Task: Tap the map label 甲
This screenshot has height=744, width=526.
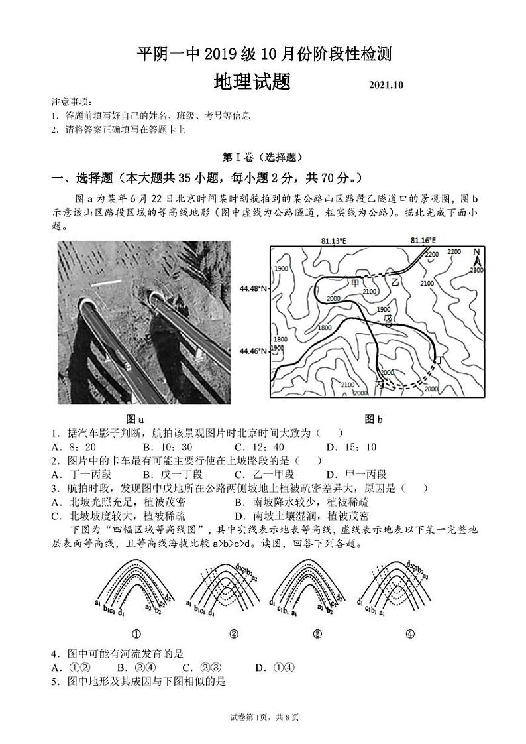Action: click(355, 283)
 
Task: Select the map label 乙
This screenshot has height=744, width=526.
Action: click(395, 282)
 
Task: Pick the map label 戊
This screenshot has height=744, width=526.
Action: click(388, 319)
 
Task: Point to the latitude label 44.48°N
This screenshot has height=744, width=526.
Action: click(254, 289)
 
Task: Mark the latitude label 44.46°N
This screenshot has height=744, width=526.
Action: click(254, 351)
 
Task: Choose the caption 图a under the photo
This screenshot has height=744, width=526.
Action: click(135, 419)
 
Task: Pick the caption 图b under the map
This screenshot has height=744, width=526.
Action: click(374, 419)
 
